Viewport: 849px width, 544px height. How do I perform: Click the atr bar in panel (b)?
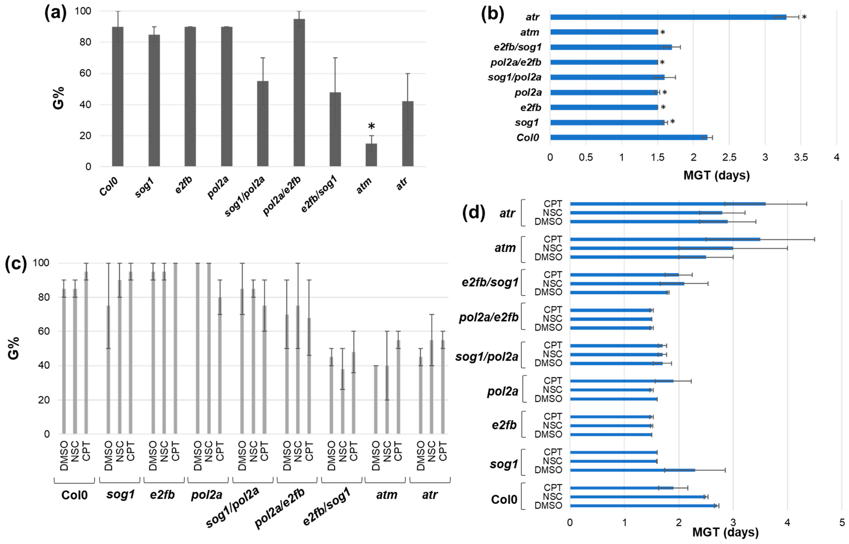[668, 17]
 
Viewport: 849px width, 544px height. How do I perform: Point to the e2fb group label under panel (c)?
[162, 495]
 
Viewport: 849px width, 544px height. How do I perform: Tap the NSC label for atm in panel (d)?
[552, 248]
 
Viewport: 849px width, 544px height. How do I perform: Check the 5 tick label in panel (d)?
[842, 522]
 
